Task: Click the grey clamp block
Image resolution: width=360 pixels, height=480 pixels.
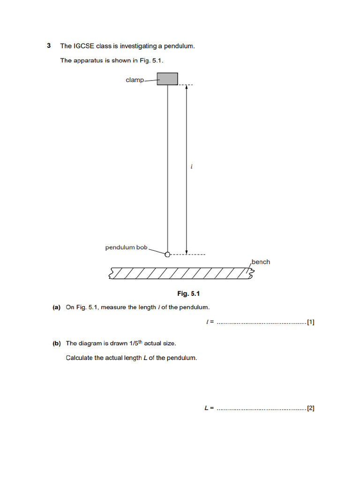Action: click(167, 79)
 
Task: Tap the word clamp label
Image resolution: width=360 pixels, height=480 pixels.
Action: click(135, 80)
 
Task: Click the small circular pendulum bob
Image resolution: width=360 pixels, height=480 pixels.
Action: click(167, 255)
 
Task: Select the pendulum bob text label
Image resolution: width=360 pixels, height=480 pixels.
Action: click(126, 247)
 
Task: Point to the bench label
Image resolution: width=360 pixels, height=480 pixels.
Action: click(261, 262)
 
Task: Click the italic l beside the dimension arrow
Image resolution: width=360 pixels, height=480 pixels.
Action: click(191, 166)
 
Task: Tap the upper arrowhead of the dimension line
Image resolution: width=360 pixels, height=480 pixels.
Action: click(187, 88)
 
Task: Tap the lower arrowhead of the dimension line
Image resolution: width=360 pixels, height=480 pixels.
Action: click(187, 252)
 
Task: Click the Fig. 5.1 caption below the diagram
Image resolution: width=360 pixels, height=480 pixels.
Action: click(189, 293)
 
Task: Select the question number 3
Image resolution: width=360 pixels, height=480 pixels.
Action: click(49, 46)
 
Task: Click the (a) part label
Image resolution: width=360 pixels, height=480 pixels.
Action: click(57, 307)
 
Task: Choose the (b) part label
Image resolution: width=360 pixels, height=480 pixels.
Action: click(57, 344)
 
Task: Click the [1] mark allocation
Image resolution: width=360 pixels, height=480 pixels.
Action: click(311, 322)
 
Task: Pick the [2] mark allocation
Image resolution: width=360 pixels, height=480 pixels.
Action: click(311, 408)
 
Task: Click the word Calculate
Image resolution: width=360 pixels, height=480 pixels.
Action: click(80, 358)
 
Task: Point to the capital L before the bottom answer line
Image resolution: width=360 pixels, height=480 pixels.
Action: click(206, 408)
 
